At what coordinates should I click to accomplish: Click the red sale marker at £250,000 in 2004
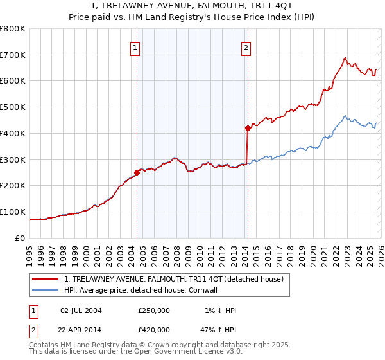pyautogui.click(x=137, y=172)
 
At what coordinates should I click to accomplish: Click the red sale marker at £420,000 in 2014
pyautogui.click(x=247, y=128)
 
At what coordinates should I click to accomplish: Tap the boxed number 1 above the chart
pyautogui.click(x=135, y=47)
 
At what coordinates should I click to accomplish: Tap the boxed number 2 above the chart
pyautogui.click(x=246, y=47)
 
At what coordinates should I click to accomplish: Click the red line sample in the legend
pyautogui.click(x=46, y=279)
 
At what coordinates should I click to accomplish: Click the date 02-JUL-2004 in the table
pyautogui.click(x=81, y=310)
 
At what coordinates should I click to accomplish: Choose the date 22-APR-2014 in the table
pyautogui.click(x=81, y=329)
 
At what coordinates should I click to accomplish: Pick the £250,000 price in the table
pyautogui.click(x=154, y=310)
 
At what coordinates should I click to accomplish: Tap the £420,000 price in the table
pyautogui.click(x=154, y=329)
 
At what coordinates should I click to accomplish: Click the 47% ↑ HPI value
pyautogui.click(x=218, y=329)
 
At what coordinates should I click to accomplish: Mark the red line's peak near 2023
pyautogui.click(x=345, y=58)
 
